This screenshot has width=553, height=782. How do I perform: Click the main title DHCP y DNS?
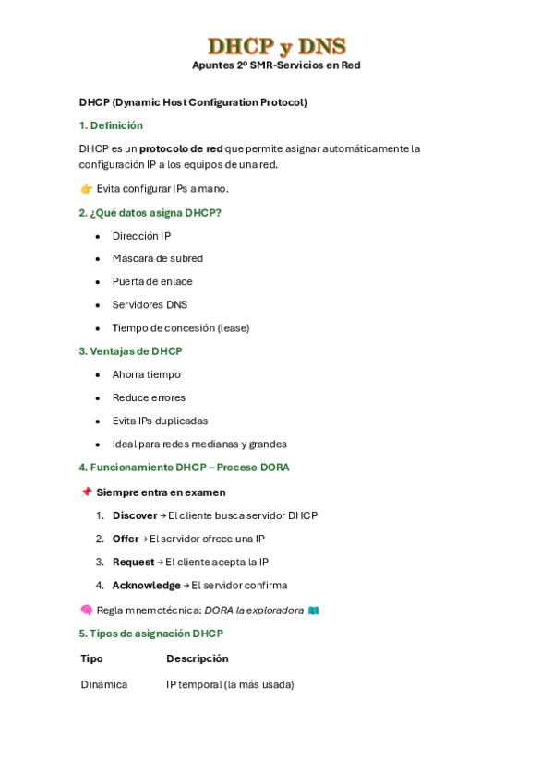pyautogui.click(x=276, y=46)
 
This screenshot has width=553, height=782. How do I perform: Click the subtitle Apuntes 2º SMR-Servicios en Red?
pyautogui.click(x=276, y=65)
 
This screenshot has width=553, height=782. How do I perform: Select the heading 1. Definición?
pyautogui.click(x=111, y=125)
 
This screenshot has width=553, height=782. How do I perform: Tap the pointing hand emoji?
pyautogui.click(x=86, y=189)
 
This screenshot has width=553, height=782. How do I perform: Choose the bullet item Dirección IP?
pyautogui.click(x=141, y=236)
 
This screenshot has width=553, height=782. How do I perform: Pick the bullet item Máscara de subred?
pyautogui.click(x=157, y=259)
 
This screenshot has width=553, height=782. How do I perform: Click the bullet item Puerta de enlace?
pyautogui.click(x=152, y=282)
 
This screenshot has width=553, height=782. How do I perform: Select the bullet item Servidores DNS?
pyautogui.click(x=150, y=305)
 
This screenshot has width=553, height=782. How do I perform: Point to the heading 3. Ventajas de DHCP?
pyautogui.click(x=130, y=351)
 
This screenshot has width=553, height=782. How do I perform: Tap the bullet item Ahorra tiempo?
pyautogui.click(x=146, y=375)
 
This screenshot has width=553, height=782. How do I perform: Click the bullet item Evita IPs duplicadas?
pyautogui.click(x=160, y=421)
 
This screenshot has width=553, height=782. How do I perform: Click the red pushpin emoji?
pyautogui.click(x=86, y=492)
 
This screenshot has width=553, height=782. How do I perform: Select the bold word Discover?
pyautogui.click(x=135, y=516)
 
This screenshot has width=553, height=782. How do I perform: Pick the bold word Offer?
pyautogui.click(x=125, y=539)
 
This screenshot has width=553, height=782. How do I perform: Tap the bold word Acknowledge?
pyautogui.click(x=146, y=586)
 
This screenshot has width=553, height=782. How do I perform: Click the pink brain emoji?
pyautogui.click(x=86, y=610)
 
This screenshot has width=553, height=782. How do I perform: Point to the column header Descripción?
pyautogui.click(x=197, y=659)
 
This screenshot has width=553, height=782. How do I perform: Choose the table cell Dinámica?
pyautogui.click(x=104, y=685)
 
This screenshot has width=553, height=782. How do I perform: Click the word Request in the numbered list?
pyautogui.click(x=133, y=563)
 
